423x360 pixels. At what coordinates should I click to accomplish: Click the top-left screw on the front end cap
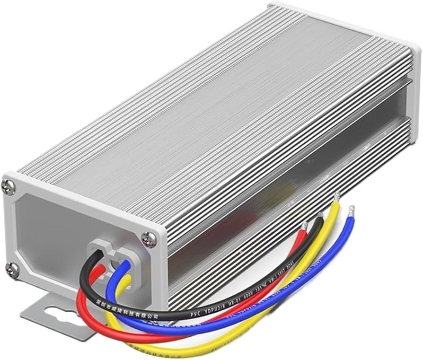pos(8,187)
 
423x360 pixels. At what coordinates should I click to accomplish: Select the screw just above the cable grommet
pos(149,238)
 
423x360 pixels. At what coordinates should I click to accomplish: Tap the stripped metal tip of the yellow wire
pos(336,198)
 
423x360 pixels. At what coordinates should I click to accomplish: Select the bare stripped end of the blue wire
pos(351,210)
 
